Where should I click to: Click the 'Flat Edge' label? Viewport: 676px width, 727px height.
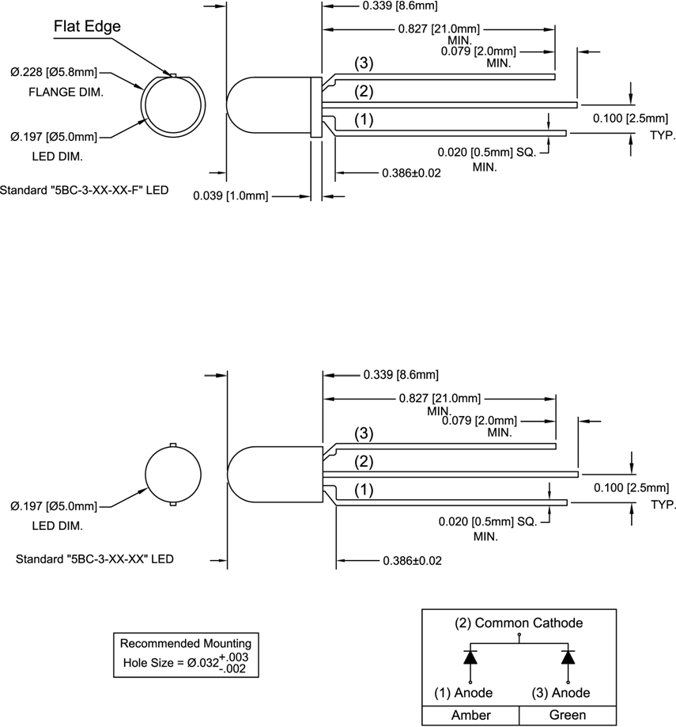pyautogui.click(x=87, y=27)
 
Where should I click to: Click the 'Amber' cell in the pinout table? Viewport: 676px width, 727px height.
pyautogui.click(x=470, y=715)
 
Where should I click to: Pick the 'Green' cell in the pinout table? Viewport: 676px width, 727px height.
pyautogui.click(x=567, y=715)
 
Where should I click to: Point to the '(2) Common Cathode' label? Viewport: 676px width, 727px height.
pyautogui.click(x=519, y=623)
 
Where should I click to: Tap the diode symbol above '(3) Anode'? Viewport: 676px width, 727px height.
pyautogui.click(x=568, y=657)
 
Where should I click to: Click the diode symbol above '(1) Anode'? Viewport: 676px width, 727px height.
pyautogui.click(x=470, y=657)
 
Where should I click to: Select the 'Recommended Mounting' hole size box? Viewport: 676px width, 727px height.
pyautogui.click(x=186, y=653)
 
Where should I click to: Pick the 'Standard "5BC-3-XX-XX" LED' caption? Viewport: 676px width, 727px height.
pyautogui.click(x=95, y=559)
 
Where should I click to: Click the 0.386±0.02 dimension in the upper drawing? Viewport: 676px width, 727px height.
pyautogui.click(x=410, y=172)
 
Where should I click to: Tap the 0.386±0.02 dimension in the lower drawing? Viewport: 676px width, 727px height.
pyautogui.click(x=411, y=560)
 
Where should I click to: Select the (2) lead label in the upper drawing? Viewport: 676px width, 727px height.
pyautogui.click(x=363, y=92)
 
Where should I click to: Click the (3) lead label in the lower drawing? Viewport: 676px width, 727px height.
pyautogui.click(x=363, y=434)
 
